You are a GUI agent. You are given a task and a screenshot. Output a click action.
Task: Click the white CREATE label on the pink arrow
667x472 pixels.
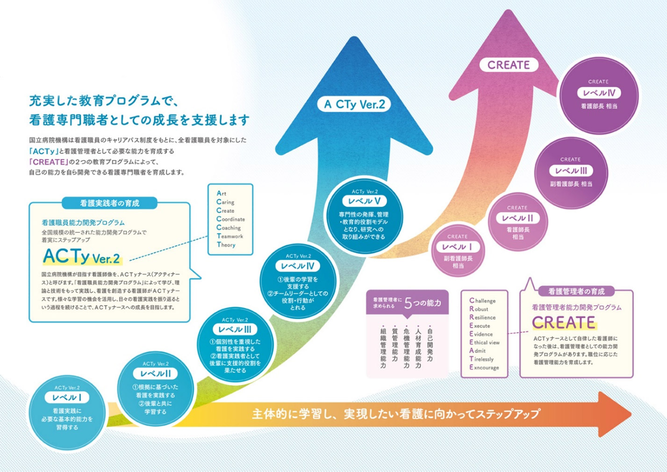[x=509, y=65]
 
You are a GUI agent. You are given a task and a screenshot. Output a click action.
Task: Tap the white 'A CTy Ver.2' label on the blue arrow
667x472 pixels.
[x=355, y=104]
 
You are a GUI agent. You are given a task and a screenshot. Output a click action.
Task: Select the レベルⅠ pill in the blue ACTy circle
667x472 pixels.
[x=67, y=398]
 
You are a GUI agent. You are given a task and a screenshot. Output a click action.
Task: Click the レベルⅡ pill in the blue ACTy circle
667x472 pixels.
[x=156, y=374]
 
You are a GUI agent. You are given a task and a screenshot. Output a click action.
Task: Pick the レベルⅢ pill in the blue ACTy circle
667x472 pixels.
[x=235, y=329]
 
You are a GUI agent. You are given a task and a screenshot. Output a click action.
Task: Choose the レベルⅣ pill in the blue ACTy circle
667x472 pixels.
[x=298, y=266]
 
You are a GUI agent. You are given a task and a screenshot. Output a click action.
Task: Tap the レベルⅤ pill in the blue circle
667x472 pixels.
[x=365, y=201]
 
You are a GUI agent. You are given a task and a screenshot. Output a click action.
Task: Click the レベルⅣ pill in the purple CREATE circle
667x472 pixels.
[x=599, y=93]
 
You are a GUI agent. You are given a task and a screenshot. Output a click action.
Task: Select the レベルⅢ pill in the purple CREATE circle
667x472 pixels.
[x=571, y=171]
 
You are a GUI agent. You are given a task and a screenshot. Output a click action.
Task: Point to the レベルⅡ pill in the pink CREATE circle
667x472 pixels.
[x=517, y=218]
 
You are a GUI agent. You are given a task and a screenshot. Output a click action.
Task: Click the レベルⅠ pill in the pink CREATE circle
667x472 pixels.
[x=458, y=247]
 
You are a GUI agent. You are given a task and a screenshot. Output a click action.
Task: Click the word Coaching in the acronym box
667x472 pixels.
[x=229, y=228]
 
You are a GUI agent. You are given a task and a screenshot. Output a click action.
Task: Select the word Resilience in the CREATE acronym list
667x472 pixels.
[x=482, y=317]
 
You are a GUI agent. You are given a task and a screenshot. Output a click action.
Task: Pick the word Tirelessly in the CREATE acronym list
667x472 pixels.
[x=481, y=359]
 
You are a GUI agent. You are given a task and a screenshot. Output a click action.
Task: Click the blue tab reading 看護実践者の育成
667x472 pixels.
[x=109, y=203]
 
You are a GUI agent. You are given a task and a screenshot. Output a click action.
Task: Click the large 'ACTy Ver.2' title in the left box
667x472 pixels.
[x=81, y=257]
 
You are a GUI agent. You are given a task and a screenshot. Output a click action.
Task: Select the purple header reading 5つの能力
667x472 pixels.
[x=407, y=303]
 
